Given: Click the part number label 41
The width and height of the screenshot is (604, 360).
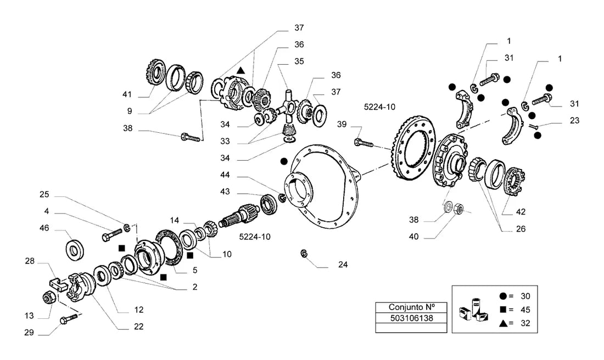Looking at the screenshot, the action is point(127,94).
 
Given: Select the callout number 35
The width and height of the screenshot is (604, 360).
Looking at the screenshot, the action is point(299,61).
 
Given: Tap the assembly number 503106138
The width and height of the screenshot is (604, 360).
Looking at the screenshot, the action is point(411,318).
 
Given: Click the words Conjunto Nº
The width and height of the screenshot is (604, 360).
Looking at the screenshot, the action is point(411,307).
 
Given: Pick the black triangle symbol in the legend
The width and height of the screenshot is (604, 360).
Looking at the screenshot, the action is point(503,323).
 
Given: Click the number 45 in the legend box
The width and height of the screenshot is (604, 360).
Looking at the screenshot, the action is point(525,310).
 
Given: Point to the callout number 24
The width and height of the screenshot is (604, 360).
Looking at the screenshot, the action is point(343,265).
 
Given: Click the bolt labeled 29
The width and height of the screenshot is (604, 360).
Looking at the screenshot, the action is point(69,318).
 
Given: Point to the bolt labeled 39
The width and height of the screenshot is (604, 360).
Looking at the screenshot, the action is point(363,143).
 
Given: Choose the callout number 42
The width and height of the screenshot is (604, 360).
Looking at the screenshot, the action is point(521,212).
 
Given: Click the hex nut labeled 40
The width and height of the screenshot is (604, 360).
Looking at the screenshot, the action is point(459,209).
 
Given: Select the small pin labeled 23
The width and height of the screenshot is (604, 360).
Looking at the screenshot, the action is point(533,127).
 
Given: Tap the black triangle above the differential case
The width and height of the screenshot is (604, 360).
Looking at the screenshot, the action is point(241,70).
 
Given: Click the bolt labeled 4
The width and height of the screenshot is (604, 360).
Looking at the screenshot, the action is point(112,234).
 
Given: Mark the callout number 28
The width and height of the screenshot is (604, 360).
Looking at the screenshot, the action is point(30,261).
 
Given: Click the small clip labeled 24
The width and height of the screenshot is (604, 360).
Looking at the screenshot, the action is point(304,254).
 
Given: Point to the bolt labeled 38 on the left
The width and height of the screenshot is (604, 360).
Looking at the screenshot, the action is point(191,137).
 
